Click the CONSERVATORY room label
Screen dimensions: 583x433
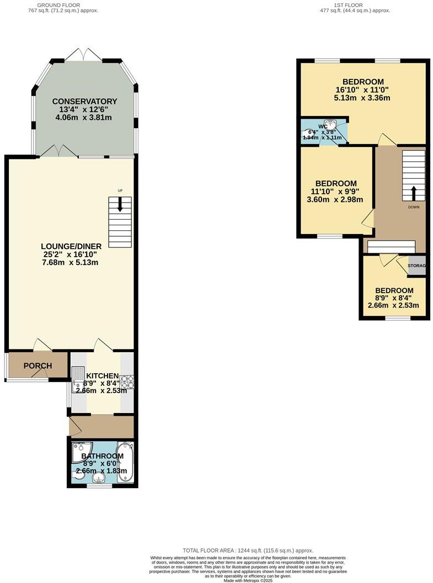[84, 101]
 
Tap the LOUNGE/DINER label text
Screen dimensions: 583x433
[70, 246]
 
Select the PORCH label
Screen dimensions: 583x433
[38, 366]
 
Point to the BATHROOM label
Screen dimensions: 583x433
[102, 456]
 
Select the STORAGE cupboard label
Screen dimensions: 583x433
[417, 266]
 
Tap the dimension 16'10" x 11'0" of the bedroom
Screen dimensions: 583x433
[362, 90]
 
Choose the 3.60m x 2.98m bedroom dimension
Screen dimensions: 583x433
[335, 200]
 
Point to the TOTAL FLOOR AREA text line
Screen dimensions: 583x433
[248, 550]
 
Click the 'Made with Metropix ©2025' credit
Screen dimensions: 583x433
[248, 579]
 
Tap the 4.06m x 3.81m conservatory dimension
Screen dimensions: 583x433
[84, 118]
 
